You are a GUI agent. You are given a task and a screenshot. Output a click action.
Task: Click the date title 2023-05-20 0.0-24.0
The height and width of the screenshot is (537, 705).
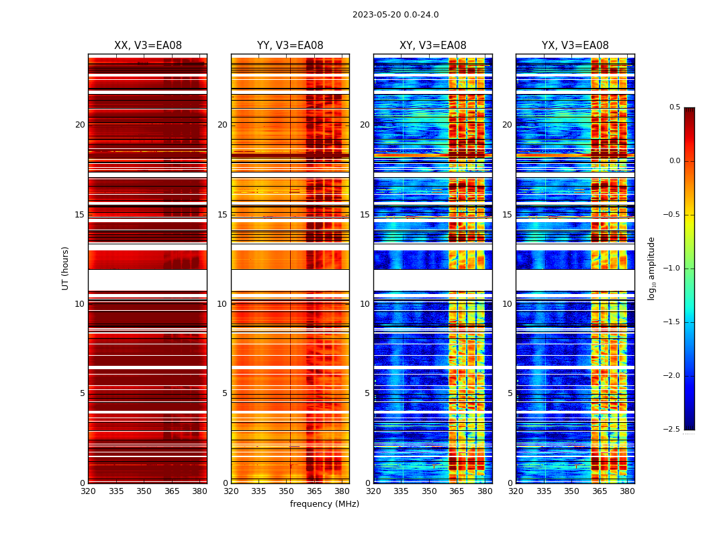pyautogui.click(x=395, y=15)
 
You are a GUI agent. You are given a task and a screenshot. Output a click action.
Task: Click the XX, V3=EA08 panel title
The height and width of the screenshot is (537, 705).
pyautogui.click(x=148, y=46)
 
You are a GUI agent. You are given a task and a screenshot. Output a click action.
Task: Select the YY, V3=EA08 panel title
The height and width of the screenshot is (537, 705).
pyautogui.click(x=290, y=46)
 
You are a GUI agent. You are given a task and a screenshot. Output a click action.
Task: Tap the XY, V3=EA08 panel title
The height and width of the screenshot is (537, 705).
pyautogui.click(x=433, y=46)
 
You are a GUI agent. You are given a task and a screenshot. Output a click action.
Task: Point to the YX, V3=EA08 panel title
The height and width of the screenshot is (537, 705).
pyautogui.click(x=575, y=46)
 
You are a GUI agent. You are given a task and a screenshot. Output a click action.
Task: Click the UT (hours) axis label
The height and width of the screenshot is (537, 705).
pyautogui.click(x=66, y=268)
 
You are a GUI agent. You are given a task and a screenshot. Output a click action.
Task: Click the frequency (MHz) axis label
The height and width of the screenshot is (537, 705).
pyautogui.click(x=324, y=504)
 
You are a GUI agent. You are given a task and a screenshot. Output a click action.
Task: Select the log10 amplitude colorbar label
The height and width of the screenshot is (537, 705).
pyautogui.click(x=651, y=268)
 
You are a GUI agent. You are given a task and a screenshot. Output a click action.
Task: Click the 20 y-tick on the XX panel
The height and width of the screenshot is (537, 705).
pyautogui.click(x=80, y=125)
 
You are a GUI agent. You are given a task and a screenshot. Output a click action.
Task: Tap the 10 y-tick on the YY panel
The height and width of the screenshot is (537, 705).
pyautogui.click(x=222, y=304)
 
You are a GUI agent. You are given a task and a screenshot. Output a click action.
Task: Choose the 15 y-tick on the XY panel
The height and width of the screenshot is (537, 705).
pyautogui.click(x=365, y=215)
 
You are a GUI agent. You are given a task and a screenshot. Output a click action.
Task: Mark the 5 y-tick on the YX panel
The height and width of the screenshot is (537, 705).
pyautogui.click(x=510, y=393)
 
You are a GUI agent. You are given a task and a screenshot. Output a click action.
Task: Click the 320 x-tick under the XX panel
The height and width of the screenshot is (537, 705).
pyautogui.click(x=88, y=491)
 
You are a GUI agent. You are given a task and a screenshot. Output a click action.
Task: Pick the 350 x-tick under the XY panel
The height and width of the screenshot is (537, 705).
pyautogui.click(x=429, y=491)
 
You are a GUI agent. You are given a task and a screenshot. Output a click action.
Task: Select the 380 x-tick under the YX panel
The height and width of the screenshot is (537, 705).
pyautogui.click(x=627, y=491)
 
